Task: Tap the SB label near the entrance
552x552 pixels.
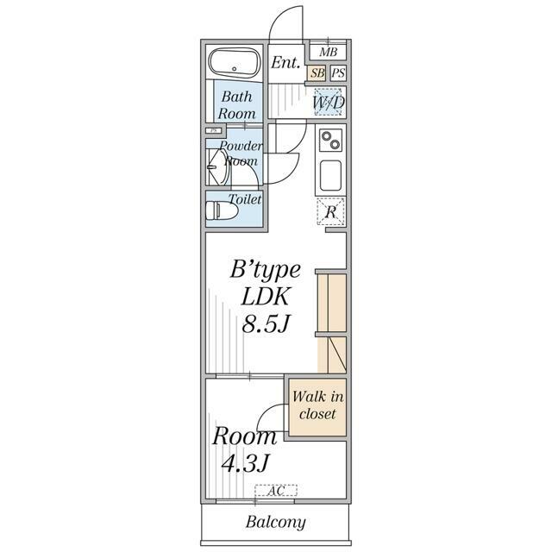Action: coord(317,74)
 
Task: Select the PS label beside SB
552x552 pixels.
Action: coord(337,74)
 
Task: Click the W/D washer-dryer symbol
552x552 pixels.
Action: coord(329,103)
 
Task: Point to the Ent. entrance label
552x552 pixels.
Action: coord(285,63)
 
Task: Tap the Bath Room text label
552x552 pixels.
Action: coord(236,105)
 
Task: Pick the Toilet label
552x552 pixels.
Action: coord(244,199)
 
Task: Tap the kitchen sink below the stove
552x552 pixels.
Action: coord(331,176)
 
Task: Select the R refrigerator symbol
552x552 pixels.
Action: coord(330,211)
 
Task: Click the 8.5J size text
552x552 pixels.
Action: coord(264,326)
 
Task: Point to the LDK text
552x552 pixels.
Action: coord(264,297)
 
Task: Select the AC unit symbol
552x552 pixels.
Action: coord(276,491)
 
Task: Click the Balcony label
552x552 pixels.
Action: coord(275,522)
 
